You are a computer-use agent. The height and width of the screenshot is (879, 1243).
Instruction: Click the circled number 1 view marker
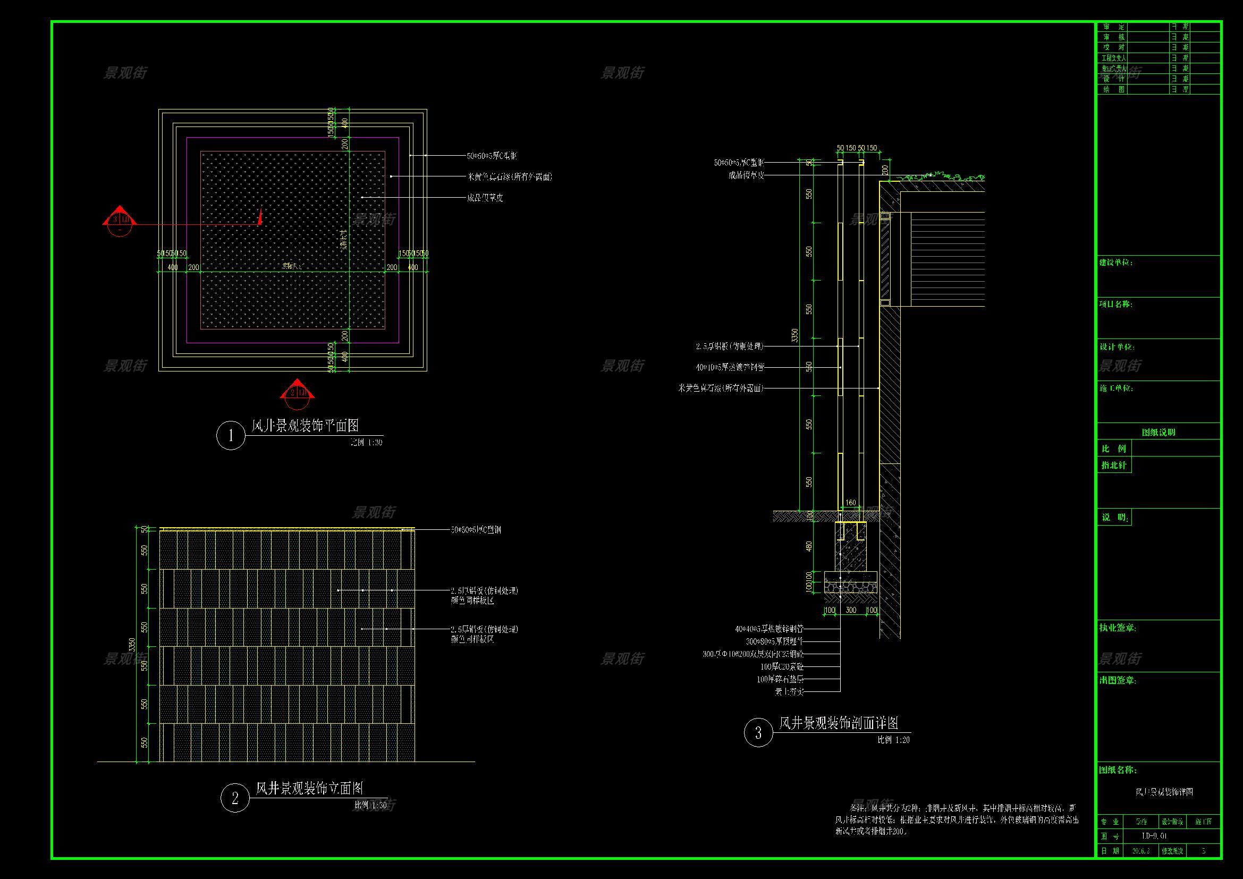pos(231,435)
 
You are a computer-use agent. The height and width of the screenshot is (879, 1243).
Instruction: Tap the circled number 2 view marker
pos(235,798)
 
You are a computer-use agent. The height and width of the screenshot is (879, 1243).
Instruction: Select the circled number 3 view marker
pos(758,733)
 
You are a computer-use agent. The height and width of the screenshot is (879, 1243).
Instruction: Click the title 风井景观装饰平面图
pos(305,426)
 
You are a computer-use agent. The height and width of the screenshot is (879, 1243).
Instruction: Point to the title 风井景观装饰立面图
pos(309,788)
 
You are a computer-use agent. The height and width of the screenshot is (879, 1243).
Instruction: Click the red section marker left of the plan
pos(119,220)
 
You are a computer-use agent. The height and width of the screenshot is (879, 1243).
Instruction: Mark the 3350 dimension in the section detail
pos(794,335)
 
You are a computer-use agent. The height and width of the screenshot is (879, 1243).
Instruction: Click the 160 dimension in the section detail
pos(850,503)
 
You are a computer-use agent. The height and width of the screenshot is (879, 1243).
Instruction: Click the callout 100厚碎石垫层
pos(780,679)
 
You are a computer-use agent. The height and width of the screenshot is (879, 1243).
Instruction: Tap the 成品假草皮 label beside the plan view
pos(485,198)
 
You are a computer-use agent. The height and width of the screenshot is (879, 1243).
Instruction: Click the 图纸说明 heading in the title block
pos(1159,433)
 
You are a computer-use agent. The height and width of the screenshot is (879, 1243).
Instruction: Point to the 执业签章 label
pos(1117,628)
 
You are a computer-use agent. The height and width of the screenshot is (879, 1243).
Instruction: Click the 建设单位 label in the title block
pos(1116,263)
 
